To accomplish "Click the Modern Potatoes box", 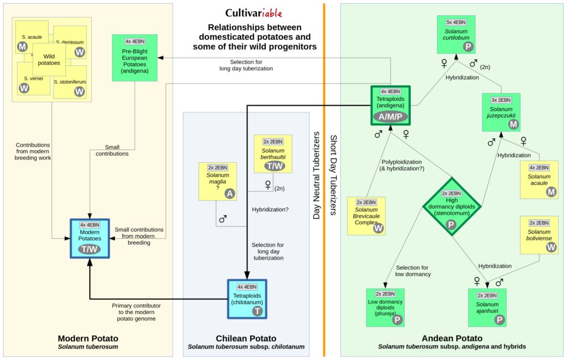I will point(90,238).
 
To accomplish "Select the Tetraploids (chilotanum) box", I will point(247,299).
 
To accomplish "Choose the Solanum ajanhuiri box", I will point(487,307).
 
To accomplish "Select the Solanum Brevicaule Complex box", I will point(366,215).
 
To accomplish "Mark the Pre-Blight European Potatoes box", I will point(134,57).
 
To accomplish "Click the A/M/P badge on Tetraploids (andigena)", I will point(391,116).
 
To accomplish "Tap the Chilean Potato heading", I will point(246,338).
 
